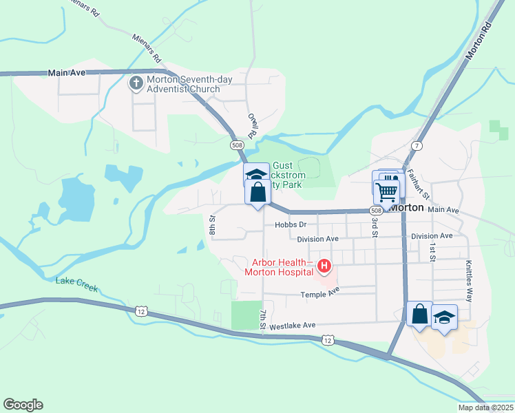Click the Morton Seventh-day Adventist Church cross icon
coord(136,84)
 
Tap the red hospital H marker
coord(322,266)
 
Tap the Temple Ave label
coord(320,293)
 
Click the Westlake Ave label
coord(292,326)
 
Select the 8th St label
coord(213,226)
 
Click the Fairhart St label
coord(418,184)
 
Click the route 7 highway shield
coord(417,146)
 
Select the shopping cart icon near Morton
coord(386,191)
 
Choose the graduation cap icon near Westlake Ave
coord(445,317)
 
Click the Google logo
coord(23,405)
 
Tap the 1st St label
coord(433,252)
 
